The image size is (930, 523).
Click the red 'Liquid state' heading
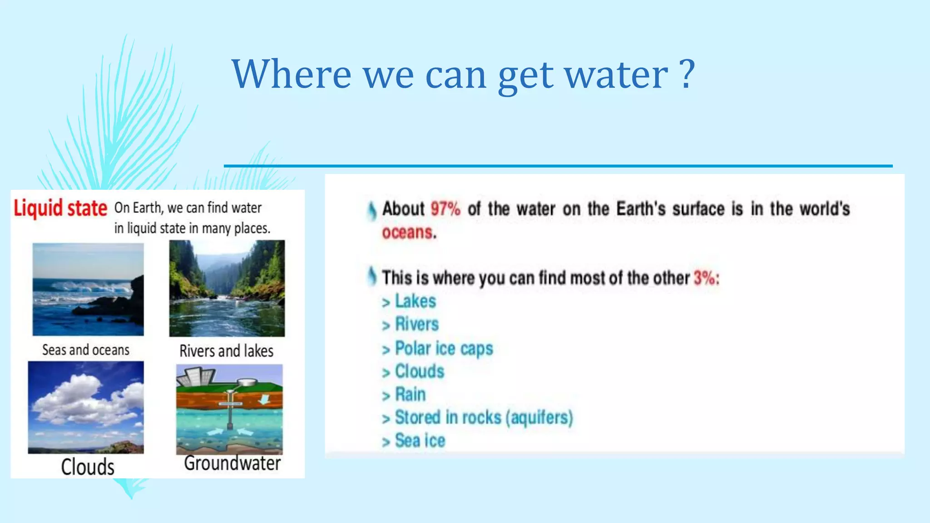60,208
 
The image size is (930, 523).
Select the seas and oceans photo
88,289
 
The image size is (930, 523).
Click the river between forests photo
227,289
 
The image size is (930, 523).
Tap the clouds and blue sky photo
86,407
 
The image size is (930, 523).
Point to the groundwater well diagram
229,409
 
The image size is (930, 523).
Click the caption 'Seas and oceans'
86,350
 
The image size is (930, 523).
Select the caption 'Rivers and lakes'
226,351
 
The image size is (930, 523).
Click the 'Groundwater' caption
232,464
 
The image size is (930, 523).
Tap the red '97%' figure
445,209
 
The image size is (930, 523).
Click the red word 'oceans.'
409,232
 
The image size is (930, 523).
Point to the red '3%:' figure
706,278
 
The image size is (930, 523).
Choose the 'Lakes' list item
415,301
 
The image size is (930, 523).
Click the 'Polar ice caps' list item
444,348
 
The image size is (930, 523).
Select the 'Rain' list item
410,394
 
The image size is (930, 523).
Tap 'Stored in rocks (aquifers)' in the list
484,417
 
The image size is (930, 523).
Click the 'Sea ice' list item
420,440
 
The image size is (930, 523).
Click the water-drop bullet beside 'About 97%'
372,211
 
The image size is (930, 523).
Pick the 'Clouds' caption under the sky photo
88,467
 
